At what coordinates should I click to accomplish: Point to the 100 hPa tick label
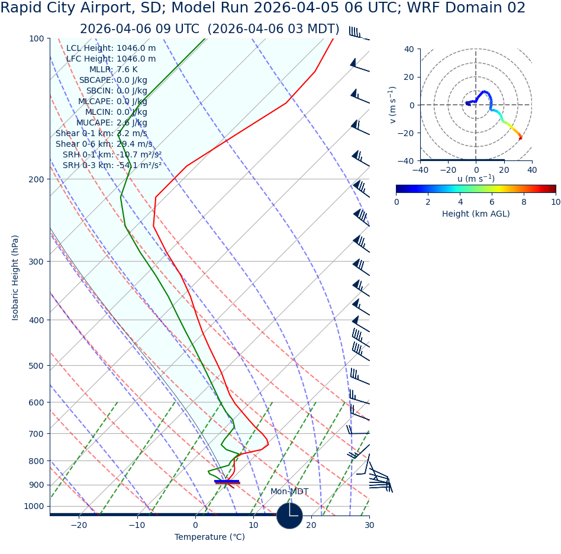[36, 38]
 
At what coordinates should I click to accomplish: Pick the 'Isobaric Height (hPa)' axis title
[15, 278]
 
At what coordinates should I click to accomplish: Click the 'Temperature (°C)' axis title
[209, 537]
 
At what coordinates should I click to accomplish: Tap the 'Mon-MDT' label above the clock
[289, 492]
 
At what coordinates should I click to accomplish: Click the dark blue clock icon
[289, 516]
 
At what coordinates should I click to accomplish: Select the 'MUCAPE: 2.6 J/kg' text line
[111, 123]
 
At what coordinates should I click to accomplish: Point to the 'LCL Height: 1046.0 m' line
[111, 48]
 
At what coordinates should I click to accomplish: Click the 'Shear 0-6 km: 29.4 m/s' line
[104, 144]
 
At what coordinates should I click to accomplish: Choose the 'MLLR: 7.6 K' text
[113, 69]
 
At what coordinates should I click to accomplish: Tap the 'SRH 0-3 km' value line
[112, 165]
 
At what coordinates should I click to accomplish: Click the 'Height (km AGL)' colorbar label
[476, 214]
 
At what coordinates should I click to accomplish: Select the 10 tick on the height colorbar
[555, 202]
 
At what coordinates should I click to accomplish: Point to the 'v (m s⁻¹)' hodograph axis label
[392, 105]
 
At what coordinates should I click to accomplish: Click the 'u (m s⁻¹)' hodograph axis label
[476, 179]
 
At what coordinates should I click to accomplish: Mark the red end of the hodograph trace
[521, 138]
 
